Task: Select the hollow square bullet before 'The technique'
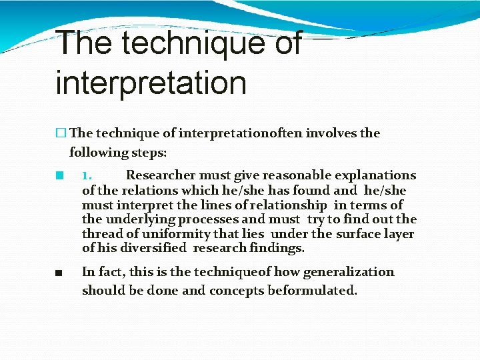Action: tap(62, 133)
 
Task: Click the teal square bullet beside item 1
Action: tap(59, 176)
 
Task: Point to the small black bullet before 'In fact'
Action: tap(59, 272)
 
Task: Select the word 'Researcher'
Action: tap(161, 175)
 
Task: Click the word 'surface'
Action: tap(359, 234)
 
